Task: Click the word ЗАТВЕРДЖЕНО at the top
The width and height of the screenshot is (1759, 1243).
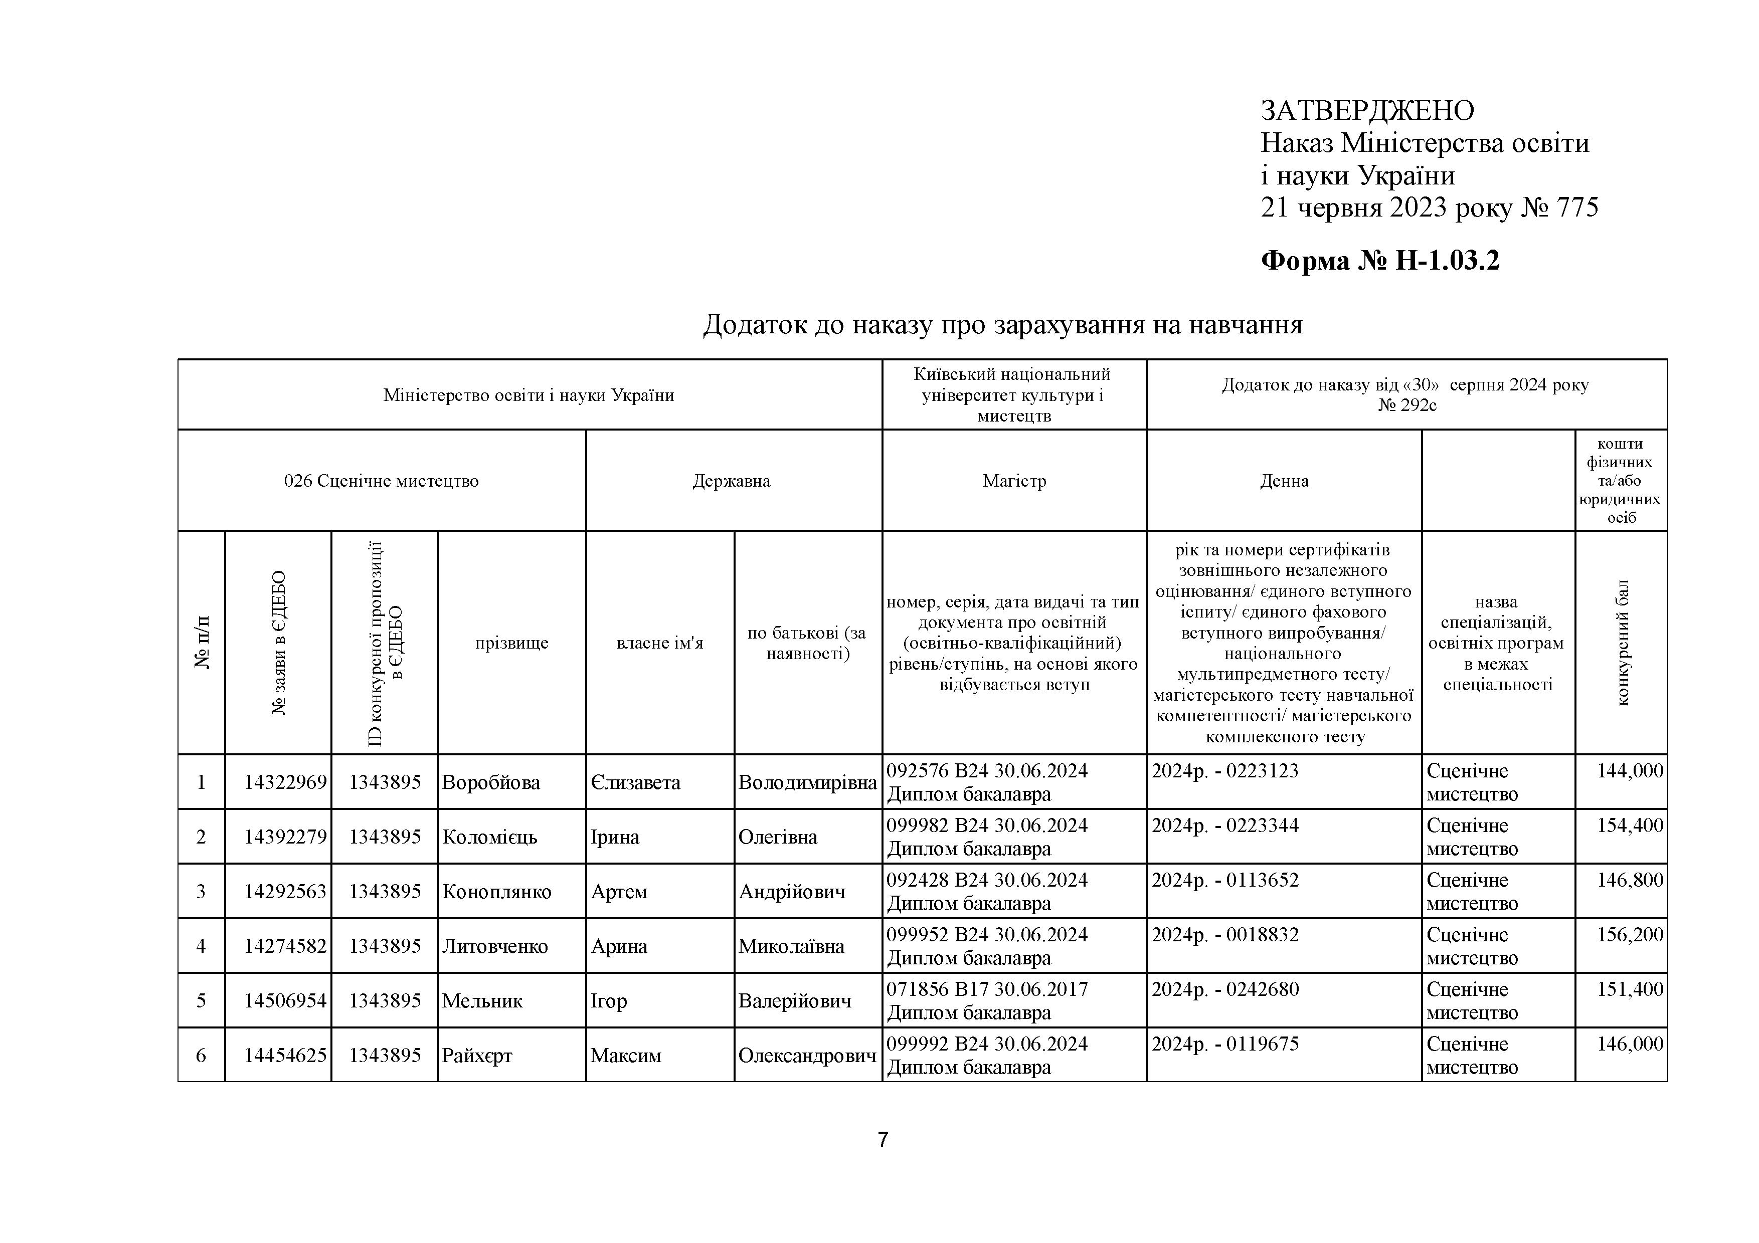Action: point(1367,111)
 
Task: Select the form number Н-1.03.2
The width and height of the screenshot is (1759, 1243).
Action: point(1447,261)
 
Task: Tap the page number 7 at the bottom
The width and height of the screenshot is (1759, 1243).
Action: point(883,1140)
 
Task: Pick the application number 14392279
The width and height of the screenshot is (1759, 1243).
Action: point(285,837)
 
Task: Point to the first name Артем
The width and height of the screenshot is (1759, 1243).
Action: point(619,892)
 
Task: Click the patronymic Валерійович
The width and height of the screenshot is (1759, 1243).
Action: point(794,1000)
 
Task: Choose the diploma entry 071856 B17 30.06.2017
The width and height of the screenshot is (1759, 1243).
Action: point(987,989)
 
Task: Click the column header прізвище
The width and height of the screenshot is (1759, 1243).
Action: point(512,643)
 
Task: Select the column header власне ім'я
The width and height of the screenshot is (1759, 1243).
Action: point(660,643)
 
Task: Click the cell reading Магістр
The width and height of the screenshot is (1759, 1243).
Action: point(1014,481)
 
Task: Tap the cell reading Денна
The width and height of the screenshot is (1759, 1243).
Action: point(1284,481)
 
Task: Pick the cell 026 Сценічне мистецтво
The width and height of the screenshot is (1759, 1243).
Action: point(382,481)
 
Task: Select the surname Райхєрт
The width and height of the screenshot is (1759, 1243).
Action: point(477,1056)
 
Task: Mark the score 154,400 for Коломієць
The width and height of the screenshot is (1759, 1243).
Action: point(1630,825)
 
